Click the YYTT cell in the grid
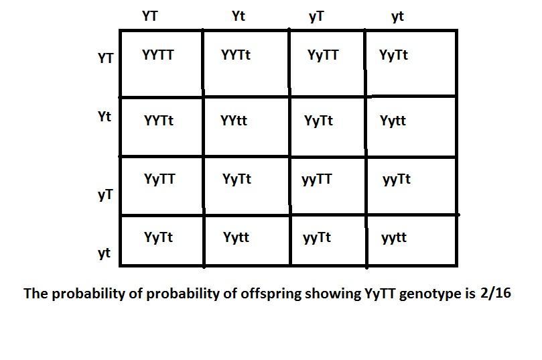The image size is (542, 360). point(158,56)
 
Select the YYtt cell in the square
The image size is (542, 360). point(234,121)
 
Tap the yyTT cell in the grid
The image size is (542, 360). point(317,180)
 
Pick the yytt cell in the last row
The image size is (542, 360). point(394,238)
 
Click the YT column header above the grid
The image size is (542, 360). point(150,16)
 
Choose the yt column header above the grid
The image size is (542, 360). point(398,17)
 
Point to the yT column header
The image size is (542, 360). point(317,17)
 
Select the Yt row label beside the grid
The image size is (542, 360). point(105,117)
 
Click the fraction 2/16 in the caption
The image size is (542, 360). point(496,293)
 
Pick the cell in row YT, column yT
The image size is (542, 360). point(323,56)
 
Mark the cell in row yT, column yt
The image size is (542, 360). point(397,180)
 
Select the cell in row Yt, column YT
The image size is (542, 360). point(159,121)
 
